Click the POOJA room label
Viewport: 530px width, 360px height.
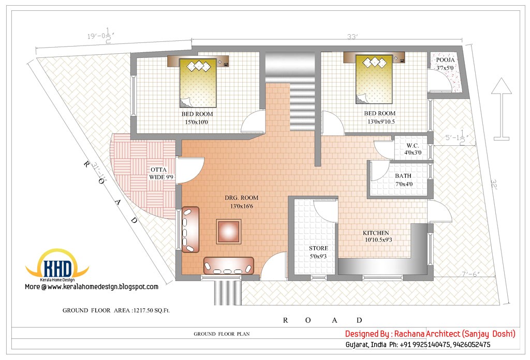445,60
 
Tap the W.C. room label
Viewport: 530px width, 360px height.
413,145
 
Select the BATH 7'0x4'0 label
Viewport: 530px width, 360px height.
404,180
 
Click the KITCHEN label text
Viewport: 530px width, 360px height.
376,233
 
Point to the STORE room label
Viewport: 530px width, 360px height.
318,248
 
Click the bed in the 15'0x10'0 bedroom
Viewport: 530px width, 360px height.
198,83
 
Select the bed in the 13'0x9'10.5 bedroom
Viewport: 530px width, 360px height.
374,79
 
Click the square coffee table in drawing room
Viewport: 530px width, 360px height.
229,232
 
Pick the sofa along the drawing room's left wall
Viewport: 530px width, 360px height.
190,230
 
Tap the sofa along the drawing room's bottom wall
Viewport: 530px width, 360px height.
228,265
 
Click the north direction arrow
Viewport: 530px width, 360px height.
501,109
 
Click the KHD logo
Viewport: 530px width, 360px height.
57,265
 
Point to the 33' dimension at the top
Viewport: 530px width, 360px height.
352,37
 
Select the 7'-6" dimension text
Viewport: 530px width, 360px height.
470,275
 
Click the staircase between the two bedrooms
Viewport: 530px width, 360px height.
290,91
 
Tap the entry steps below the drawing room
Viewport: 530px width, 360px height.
228,293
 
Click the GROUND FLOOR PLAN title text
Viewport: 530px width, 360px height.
222,334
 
